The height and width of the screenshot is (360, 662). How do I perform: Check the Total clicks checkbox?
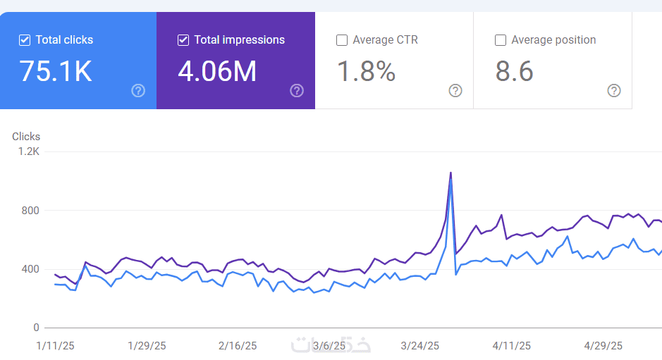tap(25, 40)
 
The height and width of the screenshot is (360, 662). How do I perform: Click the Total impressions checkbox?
tap(183, 40)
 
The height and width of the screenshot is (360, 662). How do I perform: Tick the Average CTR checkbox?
tap(341, 40)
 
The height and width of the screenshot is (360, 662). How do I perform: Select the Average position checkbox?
tap(501, 40)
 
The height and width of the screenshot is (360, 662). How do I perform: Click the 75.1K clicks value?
tap(56, 71)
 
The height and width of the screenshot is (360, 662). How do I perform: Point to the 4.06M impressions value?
tap(217, 71)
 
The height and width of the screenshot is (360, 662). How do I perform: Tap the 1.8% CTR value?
tap(366, 71)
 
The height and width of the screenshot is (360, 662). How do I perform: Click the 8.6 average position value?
tap(514, 71)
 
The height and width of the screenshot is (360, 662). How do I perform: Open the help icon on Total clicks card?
tap(138, 91)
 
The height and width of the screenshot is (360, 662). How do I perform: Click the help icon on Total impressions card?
tap(297, 91)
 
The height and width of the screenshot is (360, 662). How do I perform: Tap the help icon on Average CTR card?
tap(455, 91)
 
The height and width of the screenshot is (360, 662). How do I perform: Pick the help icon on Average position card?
tap(614, 91)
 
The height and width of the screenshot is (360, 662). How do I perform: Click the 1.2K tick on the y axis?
tap(29, 151)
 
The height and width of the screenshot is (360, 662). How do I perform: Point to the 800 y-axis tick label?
tap(30, 210)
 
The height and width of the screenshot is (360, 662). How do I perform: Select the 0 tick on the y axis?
tap(37, 328)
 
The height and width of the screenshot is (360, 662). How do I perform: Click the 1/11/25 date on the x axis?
tap(55, 346)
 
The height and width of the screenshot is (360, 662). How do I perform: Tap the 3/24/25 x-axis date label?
tap(419, 346)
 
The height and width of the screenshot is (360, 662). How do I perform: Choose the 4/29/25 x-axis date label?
tap(603, 346)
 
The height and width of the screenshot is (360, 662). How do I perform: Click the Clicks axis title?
tap(26, 137)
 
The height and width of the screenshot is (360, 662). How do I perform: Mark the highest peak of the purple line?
tap(451, 173)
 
